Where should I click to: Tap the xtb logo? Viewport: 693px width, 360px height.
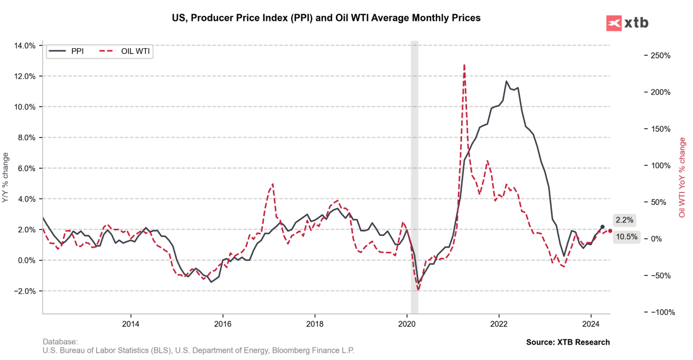point(627,23)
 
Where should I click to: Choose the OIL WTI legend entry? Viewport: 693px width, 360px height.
point(126,51)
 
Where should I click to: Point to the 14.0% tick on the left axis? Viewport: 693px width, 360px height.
point(25,46)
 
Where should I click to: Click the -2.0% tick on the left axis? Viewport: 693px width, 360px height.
point(24,291)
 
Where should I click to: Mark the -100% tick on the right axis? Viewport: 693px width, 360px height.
point(658,312)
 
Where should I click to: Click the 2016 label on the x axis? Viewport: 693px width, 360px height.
point(223,323)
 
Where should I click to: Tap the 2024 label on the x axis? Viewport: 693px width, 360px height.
point(591,323)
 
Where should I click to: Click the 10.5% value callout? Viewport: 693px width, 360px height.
point(626,237)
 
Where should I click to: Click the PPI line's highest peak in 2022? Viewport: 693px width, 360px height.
point(506,81)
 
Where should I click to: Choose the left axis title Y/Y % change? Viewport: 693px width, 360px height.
point(6,179)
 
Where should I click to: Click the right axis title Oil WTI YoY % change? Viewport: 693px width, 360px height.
point(682,177)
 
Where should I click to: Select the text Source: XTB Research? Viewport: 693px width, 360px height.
point(568,342)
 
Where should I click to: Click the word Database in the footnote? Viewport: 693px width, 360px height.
point(60,341)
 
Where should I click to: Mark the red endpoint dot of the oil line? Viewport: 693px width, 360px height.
point(610,231)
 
